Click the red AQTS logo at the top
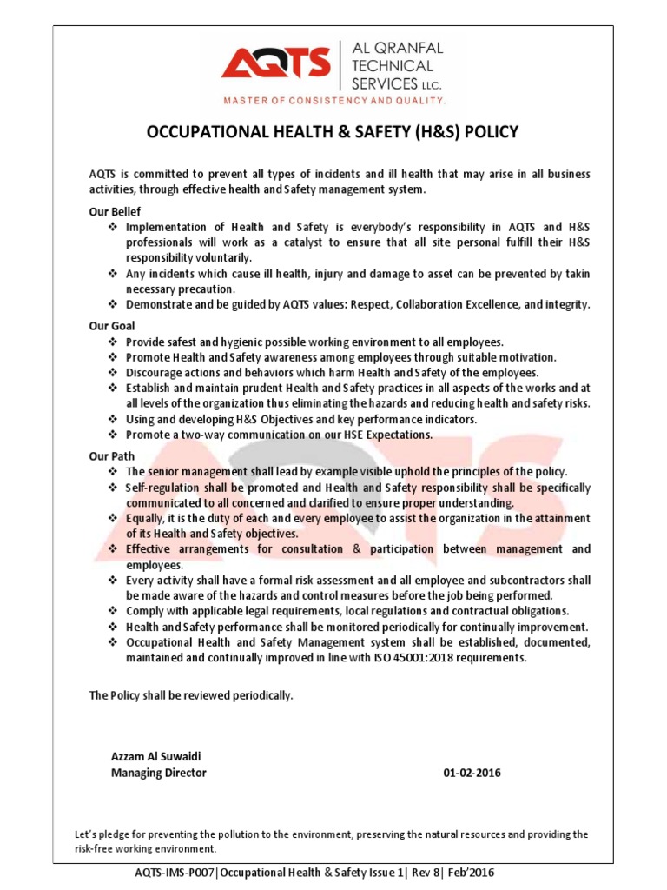point(275,64)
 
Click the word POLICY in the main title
point(492,132)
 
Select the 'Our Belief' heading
point(115,211)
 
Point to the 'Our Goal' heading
point(111,326)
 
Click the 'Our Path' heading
point(111,455)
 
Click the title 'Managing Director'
point(159,772)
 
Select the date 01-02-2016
point(472,772)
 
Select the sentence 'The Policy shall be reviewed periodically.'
point(192,696)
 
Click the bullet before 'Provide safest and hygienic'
point(112,342)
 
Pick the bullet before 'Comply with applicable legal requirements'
point(112,611)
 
